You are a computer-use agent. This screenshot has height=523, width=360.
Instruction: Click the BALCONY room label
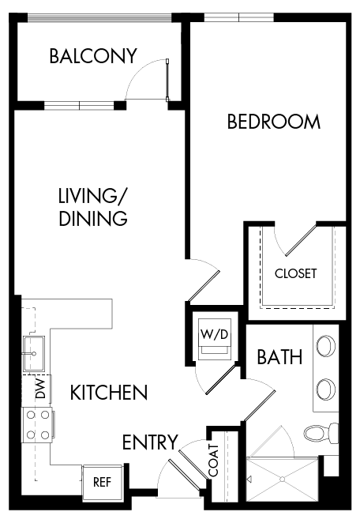click(x=92, y=56)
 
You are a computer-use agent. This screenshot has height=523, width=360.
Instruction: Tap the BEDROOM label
click(x=273, y=122)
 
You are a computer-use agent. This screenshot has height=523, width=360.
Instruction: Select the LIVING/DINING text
click(x=93, y=207)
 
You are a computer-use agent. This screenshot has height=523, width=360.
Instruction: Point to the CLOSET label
click(x=295, y=273)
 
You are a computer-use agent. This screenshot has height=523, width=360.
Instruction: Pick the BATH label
click(x=279, y=357)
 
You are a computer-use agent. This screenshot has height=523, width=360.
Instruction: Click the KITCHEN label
click(x=108, y=392)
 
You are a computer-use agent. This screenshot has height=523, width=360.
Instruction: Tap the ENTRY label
click(x=150, y=442)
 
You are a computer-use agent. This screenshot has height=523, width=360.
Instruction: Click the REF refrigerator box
click(x=102, y=481)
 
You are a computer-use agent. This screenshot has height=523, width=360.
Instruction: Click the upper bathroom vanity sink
click(x=324, y=346)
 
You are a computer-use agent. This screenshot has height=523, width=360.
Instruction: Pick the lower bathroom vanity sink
click(x=324, y=388)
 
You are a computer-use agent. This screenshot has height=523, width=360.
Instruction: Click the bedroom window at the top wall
click(x=238, y=17)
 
